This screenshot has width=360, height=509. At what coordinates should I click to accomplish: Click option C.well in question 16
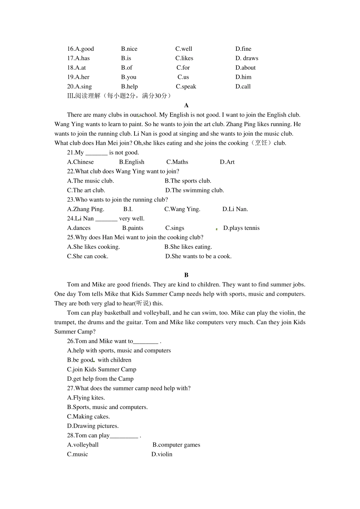click(x=183, y=49)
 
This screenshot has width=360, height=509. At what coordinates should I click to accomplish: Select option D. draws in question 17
click(x=246, y=58)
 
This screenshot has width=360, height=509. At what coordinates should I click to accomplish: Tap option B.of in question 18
click(x=127, y=68)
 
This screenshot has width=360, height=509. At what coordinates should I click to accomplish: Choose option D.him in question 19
click(x=243, y=77)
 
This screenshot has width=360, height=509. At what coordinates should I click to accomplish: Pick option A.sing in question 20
click(x=79, y=86)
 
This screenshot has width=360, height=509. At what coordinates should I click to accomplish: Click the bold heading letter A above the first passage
click(x=186, y=105)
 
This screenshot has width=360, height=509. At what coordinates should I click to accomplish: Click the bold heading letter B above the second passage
click(x=186, y=275)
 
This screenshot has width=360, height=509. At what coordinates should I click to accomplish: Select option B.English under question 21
click(x=131, y=162)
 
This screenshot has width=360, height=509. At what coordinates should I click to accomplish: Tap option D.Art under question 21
click(x=227, y=162)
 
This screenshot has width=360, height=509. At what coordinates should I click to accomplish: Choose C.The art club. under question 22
click(x=86, y=190)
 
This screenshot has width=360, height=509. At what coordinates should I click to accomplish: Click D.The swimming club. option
click(x=194, y=190)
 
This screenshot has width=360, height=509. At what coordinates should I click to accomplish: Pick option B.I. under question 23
click(x=128, y=209)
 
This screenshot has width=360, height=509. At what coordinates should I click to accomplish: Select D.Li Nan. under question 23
click(x=235, y=209)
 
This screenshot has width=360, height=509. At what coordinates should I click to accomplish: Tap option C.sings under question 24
click(x=175, y=228)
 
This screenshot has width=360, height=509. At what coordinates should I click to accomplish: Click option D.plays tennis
click(x=241, y=228)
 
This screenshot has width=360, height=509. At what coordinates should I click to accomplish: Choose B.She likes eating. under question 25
click(x=188, y=247)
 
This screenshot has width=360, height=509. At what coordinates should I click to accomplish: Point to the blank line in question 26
click(x=146, y=342)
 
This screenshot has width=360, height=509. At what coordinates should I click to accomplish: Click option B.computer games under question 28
click(x=176, y=445)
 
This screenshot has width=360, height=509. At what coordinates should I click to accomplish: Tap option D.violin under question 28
click(x=162, y=454)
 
